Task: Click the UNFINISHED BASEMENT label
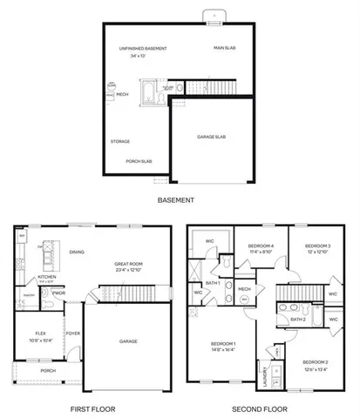tap(143, 49)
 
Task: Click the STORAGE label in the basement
tap(120, 140)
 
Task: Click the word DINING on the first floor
tap(77, 253)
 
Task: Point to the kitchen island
tap(44, 253)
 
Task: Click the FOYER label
tap(74, 332)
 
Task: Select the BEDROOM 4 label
tap(261, 246)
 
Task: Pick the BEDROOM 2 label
tap(316, 361)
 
